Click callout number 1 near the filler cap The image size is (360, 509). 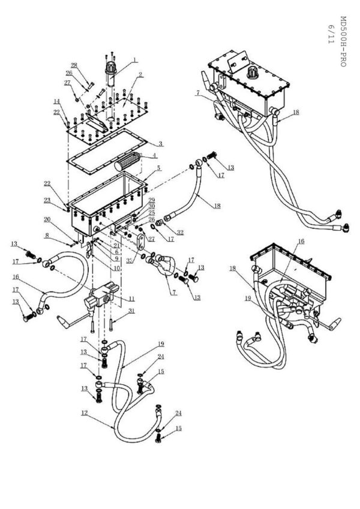tap(136, 60)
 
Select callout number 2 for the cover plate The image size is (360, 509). tap(140, 75)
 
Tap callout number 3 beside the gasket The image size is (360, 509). tap(161, 144)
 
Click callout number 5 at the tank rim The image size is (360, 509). tap(158, 169)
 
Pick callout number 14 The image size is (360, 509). tap(57, 102)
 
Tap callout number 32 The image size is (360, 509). tap(181, 232)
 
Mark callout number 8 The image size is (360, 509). tap(62, 236)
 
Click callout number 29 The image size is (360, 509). tap(152, 200)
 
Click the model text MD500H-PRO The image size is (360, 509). tap(343, 41)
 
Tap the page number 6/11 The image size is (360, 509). tap(331, 34)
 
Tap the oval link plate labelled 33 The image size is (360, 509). tap(140, 244)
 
